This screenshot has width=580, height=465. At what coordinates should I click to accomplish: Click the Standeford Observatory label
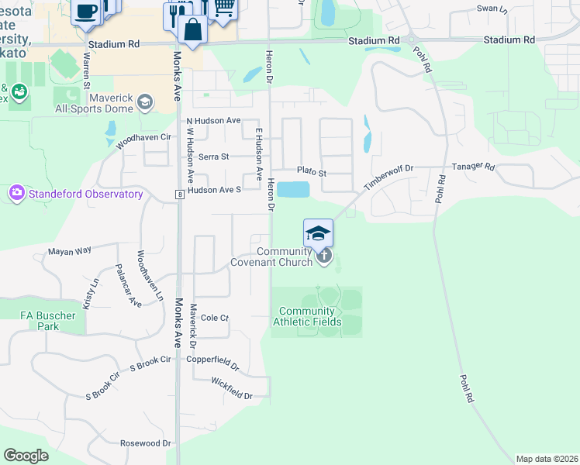pyautogui.click(x=86, y=194)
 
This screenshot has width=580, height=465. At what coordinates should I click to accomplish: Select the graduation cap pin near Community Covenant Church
pyautogui.click(x=318, y=232)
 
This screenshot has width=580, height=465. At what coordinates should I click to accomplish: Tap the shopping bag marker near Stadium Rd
pyautogui.click(x=192, y=30)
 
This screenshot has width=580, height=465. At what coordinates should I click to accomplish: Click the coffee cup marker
pyautogui.click(x=86, y=11)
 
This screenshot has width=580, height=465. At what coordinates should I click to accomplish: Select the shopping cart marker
pyautogui.click(x=223, y=8)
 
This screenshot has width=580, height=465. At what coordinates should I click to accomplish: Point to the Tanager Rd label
pyautogui.click(x=474, y=166)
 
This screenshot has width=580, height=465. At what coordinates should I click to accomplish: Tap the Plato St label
pyautogui.click(x=312, y=169)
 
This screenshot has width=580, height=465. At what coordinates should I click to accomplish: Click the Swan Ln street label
pyautogui.click(x=492, y=9)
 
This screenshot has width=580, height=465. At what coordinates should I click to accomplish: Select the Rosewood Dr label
pyautogui.click(x=145, y=443)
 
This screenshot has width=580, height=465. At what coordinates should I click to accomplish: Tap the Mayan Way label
pyautogui.click(x=70, y=250)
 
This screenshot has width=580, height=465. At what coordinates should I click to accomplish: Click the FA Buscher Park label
pyautogui.click(x=48, y=321)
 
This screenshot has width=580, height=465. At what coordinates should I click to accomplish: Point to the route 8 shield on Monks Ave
pyautogui.click(x=178, y=194)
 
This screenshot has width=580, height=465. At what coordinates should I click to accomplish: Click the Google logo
pyautogui.click(x=26, y=455)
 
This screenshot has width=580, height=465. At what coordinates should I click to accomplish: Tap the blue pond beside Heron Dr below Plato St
pyautogui.click(x=293, y=189)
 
